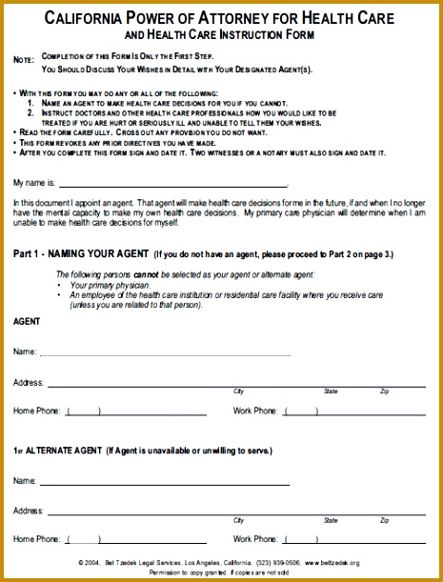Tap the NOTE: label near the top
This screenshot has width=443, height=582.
23,60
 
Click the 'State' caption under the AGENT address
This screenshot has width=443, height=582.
331,391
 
